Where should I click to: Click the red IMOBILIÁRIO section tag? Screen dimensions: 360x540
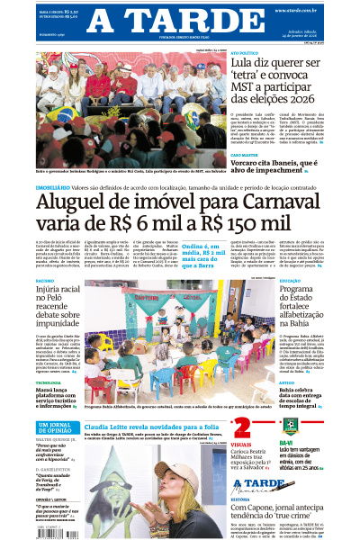pos(52,186)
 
